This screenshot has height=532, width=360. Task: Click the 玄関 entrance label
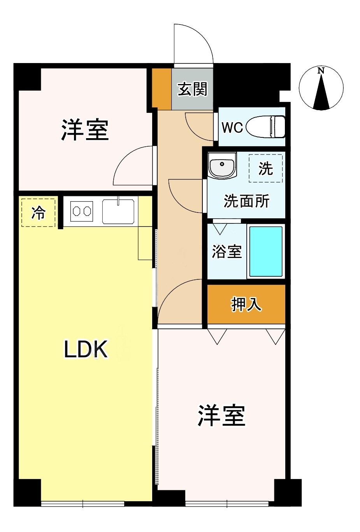click(x=192, y=89)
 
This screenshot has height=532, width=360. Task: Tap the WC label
click(x=232, y=128)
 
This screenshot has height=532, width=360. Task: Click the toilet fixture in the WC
click(x=265, y=126)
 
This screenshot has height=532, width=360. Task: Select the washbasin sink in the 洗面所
click(x=222, y=165)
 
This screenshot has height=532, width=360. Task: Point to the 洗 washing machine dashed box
click(x=265, y=169)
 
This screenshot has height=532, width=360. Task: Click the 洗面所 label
click(x=246, y=201)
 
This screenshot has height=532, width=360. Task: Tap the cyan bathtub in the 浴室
click(x=266, y=251)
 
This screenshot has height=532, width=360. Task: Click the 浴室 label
click(x=227, y=251)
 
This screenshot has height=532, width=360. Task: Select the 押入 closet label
click(x=246, y=304)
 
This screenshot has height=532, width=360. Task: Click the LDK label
click(x=86, y=349)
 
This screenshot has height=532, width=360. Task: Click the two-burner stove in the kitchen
click(x=82, y=211)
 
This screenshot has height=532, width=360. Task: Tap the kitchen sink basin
click(x=118, y=211)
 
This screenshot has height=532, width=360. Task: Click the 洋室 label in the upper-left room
click(x=85, y=130)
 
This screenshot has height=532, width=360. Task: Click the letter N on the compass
click(x=321, y=70)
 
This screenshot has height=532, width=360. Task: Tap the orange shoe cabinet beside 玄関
click(x=162, y=89)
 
